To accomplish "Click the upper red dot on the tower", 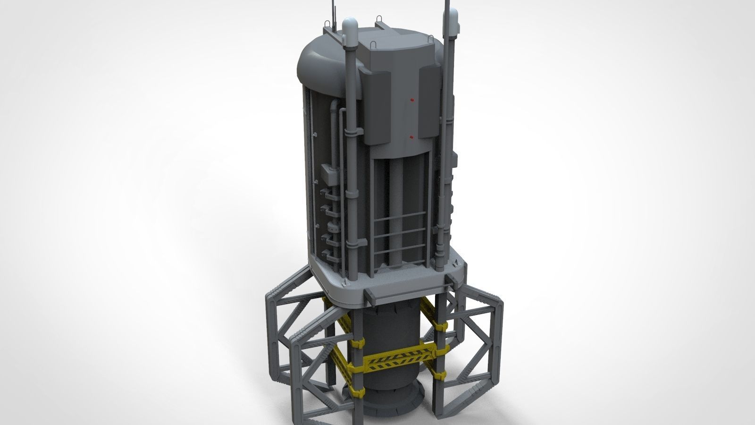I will (411, 100).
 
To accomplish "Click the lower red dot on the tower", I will (411, 136).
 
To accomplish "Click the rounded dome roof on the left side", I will (321, 66).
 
